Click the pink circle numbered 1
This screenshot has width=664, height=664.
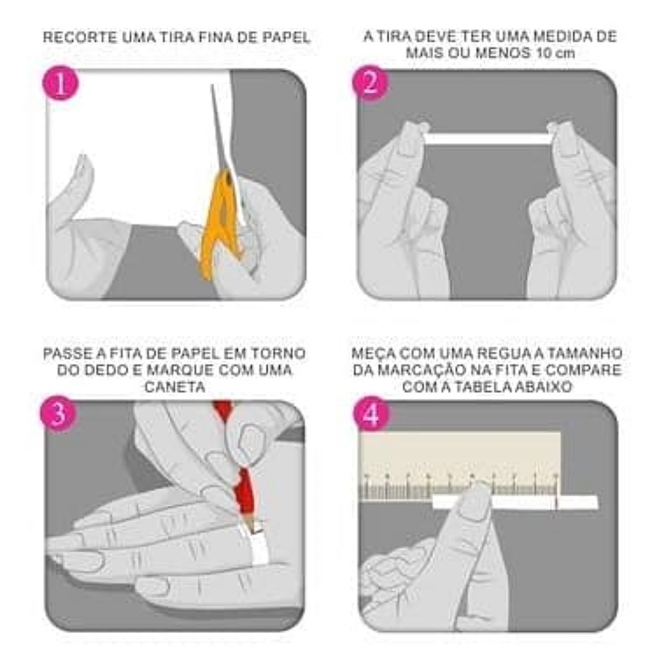click(60, 82)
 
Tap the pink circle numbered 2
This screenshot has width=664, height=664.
click(370, 82)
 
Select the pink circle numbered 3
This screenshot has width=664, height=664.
click(58, 414)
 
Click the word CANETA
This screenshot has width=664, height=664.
click(175, 386)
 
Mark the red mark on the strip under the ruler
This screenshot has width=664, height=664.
click(556, 503)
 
